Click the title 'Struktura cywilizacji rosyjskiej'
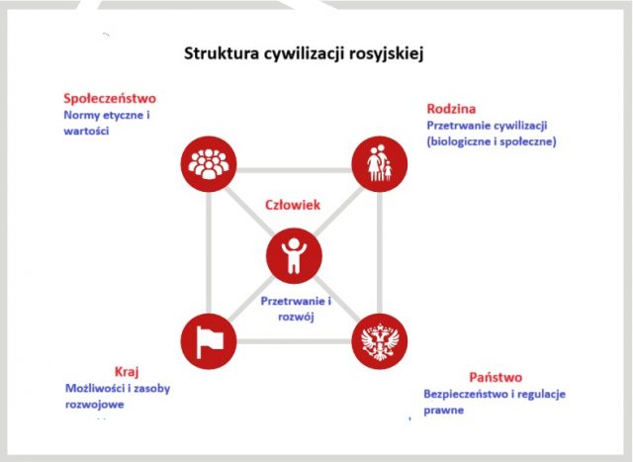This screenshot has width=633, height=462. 304,53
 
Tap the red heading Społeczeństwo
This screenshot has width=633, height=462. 110,98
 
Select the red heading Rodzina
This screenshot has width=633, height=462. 451,109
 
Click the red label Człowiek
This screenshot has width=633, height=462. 293,205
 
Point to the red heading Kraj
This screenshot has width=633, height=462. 127,372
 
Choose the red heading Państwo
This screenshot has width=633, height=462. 496,377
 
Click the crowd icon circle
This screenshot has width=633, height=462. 209,164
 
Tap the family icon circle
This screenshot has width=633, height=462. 380,164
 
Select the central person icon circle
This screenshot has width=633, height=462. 294,256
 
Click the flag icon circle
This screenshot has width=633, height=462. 209,341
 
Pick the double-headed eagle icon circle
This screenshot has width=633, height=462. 380,341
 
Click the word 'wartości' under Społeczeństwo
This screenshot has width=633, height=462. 86,131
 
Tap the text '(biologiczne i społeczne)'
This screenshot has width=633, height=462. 492,141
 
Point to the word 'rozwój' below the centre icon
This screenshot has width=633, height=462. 296,317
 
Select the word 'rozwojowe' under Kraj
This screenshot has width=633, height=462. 95,405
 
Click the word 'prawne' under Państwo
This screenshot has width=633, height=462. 444,411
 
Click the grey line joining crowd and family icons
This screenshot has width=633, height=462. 294,170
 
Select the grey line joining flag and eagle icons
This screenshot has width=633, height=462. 294,341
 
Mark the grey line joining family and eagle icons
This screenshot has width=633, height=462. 380,253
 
